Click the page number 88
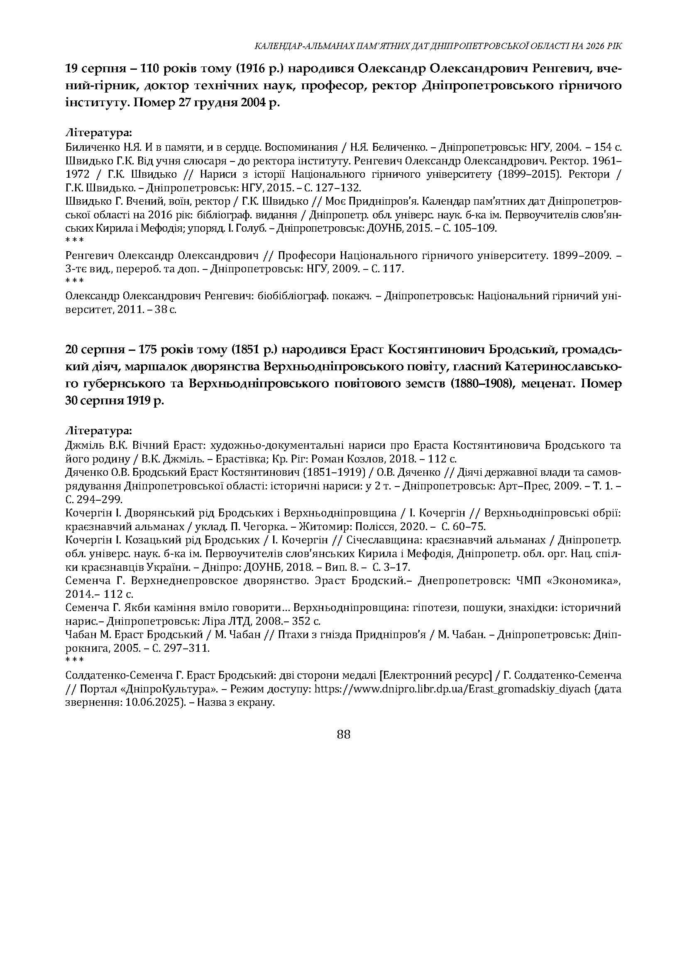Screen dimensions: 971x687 (x=344, y=734)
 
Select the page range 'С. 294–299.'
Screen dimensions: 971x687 (x=94, y=500)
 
